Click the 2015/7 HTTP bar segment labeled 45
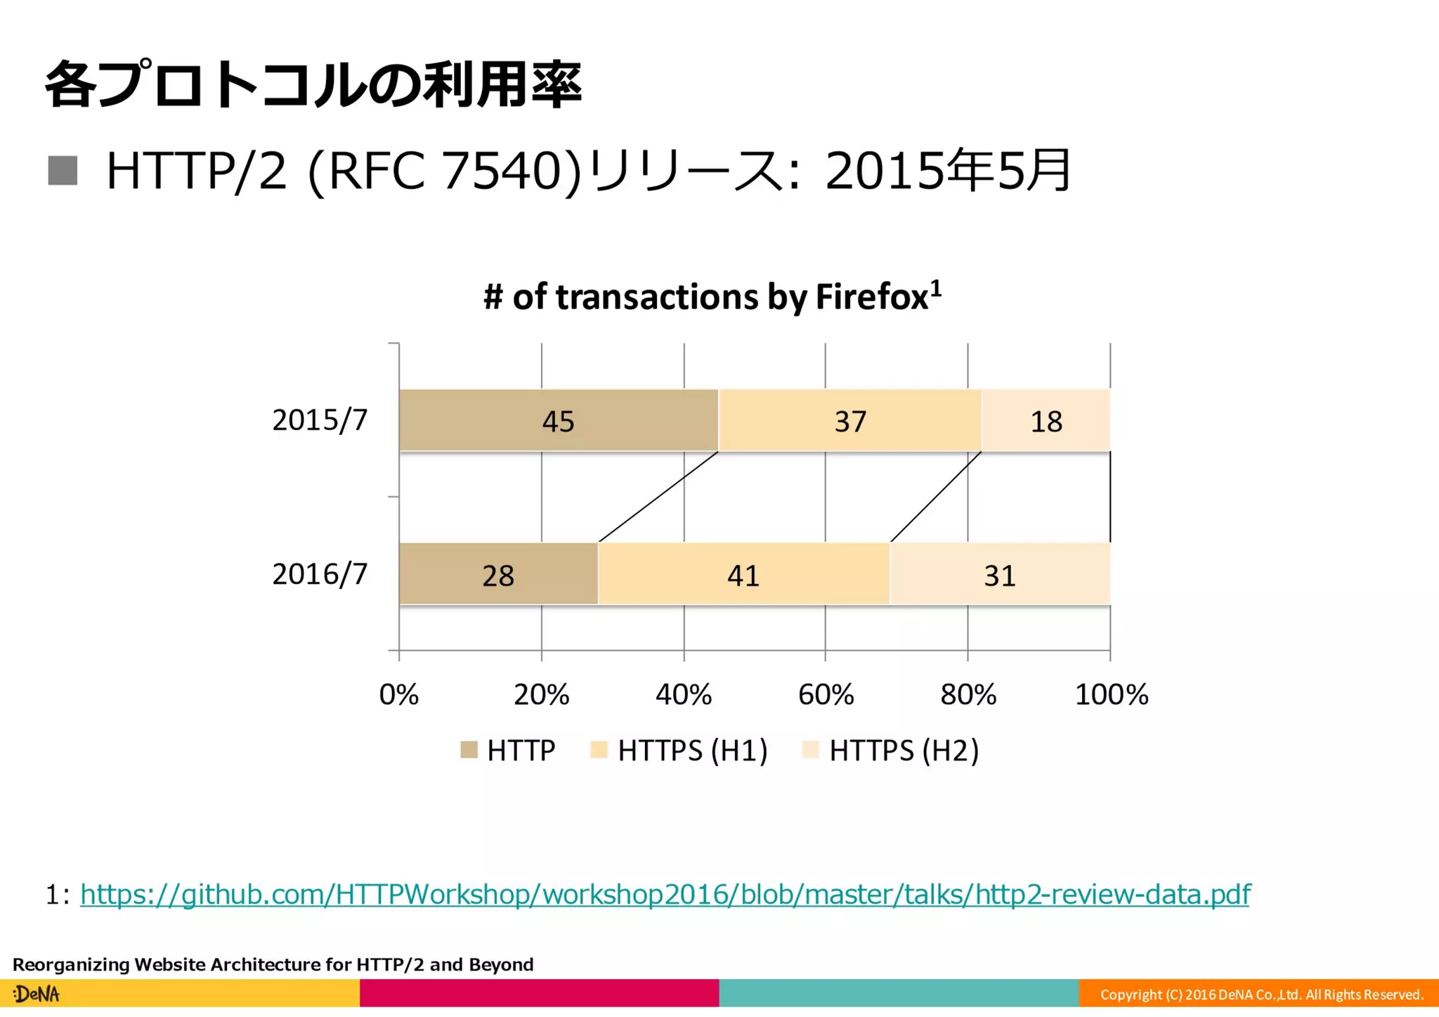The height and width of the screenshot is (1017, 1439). (x=559, y=420)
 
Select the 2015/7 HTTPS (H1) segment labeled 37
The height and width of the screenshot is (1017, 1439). (x=849, y=420)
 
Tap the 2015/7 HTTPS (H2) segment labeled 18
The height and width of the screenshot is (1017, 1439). (x=1046, y=420)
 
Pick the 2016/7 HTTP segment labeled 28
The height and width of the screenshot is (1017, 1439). (x=498, y=574)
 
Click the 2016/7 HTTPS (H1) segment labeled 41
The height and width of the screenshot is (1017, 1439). (x=743, y=574)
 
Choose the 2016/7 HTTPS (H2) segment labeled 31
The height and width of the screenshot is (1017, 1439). (x=999, y=574)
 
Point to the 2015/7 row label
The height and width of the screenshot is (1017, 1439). (x=320, y=420)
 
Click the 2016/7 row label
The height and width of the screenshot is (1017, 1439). (x=320, y=574)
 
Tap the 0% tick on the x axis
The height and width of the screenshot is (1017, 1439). (x=398, y=694)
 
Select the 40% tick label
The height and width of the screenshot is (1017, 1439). (x=683, y=694)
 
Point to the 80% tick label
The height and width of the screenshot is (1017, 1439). (x=968, y=694)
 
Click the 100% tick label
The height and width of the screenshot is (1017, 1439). (x=1111, y=694)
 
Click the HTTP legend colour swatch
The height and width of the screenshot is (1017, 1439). (x=469, y=750)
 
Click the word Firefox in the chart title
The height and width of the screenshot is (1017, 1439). (x=872, y=297)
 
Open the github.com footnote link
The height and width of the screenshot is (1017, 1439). (x=664, y=894)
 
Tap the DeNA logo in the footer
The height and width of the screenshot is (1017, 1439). (x=37, y=994)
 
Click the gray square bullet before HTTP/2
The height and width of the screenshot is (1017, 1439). (x=63, y=171)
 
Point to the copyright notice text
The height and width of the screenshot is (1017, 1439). (x=1261, y=995)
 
